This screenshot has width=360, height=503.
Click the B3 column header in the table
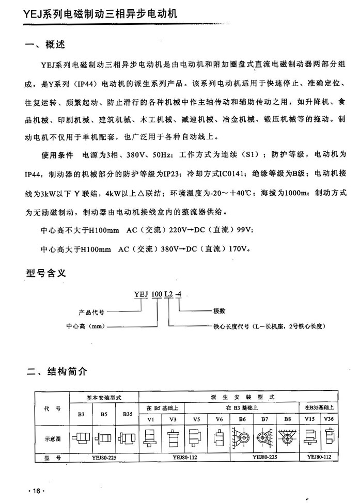81,414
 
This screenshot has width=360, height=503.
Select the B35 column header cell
127,414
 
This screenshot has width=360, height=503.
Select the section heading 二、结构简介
57,371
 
